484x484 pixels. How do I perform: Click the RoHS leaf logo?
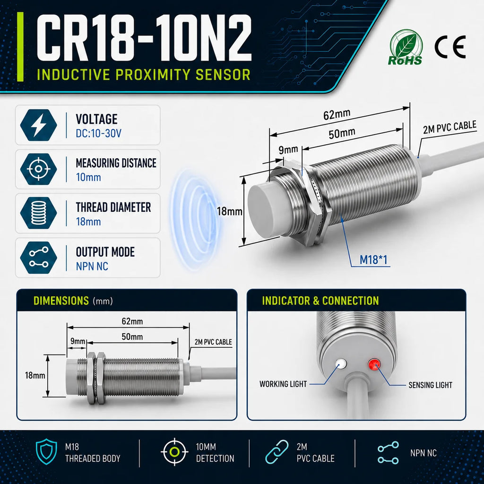[406, 47]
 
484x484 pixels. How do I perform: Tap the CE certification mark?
[450, 47]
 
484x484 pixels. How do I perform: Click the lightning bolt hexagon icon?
[39, 125]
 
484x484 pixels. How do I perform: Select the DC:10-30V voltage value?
[98, 133]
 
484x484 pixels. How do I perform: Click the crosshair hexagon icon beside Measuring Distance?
[39, 169]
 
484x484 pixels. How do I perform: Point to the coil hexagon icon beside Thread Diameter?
[39, 213]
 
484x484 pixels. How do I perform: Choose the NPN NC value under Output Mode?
[92, 266]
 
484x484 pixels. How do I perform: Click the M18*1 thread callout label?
[373, 260]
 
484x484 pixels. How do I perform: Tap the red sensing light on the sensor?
[374, 364]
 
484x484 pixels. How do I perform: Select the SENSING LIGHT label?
[430, 385]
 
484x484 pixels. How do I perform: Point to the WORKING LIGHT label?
[283, 384]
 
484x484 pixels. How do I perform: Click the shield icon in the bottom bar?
[47, 451]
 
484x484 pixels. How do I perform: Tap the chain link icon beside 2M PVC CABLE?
[277, 451]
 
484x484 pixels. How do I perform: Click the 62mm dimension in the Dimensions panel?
[132, 321]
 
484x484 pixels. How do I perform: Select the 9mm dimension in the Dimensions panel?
[78, 341]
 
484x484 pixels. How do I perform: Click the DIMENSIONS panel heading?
[61, 301]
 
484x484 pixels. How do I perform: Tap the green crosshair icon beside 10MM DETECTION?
[174, 451]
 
